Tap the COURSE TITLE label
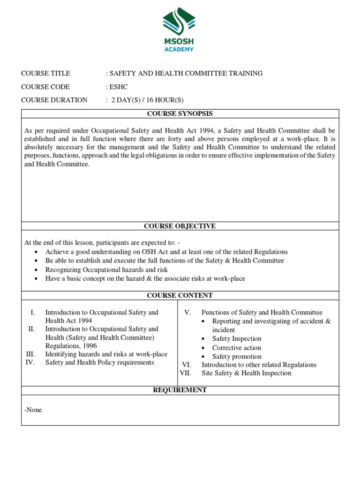click(x=46, y=73)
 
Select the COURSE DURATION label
click(x=54, y=100)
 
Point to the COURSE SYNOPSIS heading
click(x=180, y=113)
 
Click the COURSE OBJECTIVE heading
click(x=180, y=226)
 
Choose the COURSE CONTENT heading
click(x=180, y=295)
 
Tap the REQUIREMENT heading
click(x=180, y=390)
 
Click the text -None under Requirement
click(x=33, y=410)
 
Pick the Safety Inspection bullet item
click(x=237, y=338)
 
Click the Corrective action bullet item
click(x=237, y=348)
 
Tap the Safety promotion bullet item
click(x=237, y=357)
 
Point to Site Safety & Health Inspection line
click(x=246, y=373)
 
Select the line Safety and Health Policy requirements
click(x=99, y=362)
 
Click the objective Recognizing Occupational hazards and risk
click(x=106, y=270)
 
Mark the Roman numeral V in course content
click(x=187, y=312)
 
